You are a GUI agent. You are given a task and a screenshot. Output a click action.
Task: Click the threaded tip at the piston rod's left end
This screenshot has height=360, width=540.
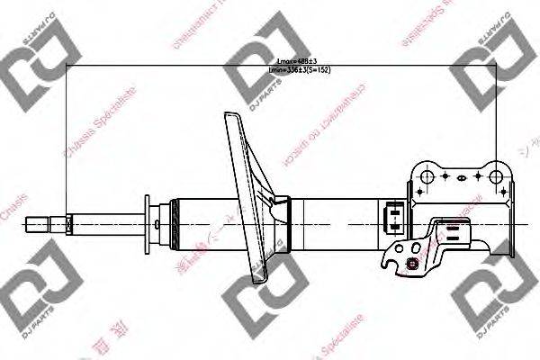click(x=36, y=220)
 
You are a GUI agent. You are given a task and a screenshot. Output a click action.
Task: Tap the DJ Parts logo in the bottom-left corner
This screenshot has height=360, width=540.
click(x=31, y=306)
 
